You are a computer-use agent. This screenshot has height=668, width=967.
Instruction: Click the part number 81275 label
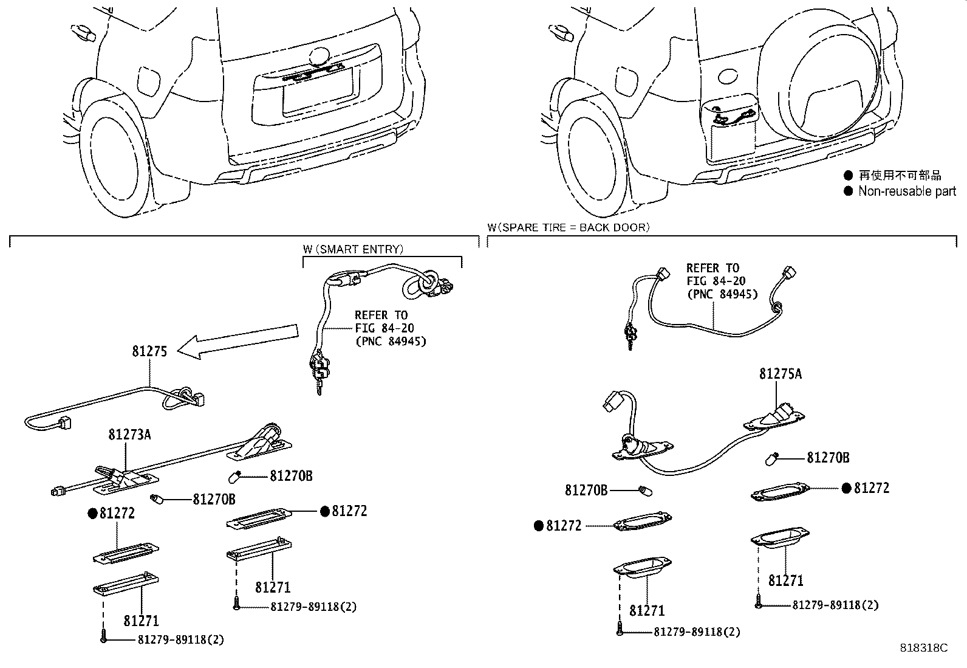(x=149, y=351)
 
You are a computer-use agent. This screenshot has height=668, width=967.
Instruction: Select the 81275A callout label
(x=780, y=374)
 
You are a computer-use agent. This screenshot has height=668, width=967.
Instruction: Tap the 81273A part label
(x=129, y=435)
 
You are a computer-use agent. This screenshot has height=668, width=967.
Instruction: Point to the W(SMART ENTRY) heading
(x=352, y=249)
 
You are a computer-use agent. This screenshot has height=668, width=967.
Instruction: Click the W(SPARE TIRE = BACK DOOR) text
(x=568, y=227)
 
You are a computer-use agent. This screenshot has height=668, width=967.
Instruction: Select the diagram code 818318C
(x=923, y=648)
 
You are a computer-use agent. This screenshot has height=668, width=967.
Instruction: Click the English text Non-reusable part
(x=907, y=191)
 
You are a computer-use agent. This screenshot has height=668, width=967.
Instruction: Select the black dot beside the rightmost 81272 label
(x=847, y=488)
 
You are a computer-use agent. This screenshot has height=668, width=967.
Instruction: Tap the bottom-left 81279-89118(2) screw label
(x=180, y=640)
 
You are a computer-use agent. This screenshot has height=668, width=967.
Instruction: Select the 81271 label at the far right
(x=785, y=581)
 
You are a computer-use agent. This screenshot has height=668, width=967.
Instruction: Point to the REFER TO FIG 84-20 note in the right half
(x=722, y=281)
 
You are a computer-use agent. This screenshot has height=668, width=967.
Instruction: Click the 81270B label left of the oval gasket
(x=586, y=489)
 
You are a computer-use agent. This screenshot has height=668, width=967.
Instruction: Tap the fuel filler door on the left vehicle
(x=149, y=81)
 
